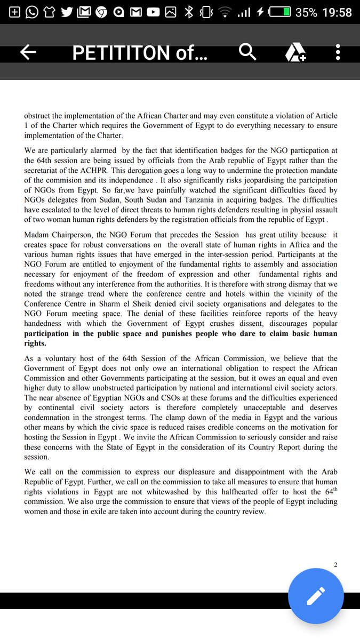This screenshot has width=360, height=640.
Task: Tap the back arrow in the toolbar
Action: pos(28,52)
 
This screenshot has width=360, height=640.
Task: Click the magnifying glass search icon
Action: pos(248,52)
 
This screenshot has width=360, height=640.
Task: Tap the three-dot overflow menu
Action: pos(338,52)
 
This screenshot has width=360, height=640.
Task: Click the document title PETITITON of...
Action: pos(140,52)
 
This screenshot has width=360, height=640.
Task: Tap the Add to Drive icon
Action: pos(295,52)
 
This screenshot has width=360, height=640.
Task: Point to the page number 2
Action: pos(335,565)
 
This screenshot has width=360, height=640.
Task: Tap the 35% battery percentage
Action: pos(307,12)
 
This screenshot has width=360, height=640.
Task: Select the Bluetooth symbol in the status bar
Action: pos(189,12)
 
